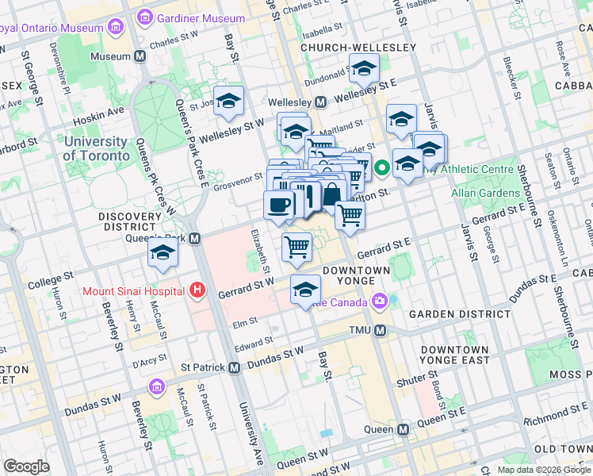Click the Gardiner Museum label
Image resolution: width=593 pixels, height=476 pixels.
201,17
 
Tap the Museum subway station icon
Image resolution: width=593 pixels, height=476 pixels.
140,56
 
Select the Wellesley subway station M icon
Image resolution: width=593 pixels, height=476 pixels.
321,102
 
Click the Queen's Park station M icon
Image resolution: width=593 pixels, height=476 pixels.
194,239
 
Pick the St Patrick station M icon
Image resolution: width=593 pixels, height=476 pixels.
234,367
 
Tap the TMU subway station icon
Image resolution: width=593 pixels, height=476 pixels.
380,330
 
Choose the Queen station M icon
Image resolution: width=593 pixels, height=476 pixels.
403,429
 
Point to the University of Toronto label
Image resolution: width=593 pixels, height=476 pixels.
96,148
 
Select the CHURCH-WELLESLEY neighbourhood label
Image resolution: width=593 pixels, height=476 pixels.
358,48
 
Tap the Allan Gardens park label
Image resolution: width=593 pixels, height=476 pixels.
486,193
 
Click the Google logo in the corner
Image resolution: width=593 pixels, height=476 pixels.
26,466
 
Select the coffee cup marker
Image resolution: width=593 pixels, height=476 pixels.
278,205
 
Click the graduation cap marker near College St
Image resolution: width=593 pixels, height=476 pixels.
163,253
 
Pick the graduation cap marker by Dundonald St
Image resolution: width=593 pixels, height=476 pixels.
364,71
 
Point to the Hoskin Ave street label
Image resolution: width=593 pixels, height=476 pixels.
100,112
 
